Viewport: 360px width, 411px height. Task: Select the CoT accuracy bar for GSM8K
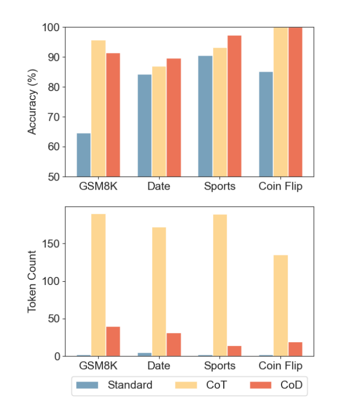(98, 109)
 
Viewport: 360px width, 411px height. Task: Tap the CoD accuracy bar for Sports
(234, 106)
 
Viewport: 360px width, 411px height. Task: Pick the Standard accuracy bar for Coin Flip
(266, 124)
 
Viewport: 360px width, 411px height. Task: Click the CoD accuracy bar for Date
(173, 118)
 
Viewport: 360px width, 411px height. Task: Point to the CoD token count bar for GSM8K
(113, 342)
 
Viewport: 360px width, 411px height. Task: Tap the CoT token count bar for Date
(159, 292)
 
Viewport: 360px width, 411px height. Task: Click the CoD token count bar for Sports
(234, 351)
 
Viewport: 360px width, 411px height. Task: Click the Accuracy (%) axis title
(32, 102)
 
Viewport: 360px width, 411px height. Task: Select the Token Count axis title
(32, 281)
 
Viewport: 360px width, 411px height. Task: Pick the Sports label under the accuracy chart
(219, 186)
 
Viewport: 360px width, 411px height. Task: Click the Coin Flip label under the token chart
(280, 366)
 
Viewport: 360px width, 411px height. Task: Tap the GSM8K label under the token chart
(98, 366)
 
